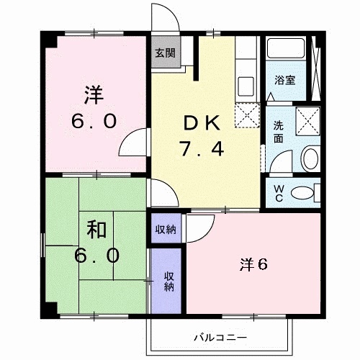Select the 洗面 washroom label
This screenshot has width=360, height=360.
point(278,130)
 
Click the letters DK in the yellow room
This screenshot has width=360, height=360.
point(201,122)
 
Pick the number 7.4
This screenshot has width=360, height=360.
point(202,150)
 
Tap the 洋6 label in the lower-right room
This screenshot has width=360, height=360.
point(253,264)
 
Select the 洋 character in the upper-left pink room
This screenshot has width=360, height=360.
point(93,94)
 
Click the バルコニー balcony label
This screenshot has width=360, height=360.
point(220,336)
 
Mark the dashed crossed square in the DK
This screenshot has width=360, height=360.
point(248,113)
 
